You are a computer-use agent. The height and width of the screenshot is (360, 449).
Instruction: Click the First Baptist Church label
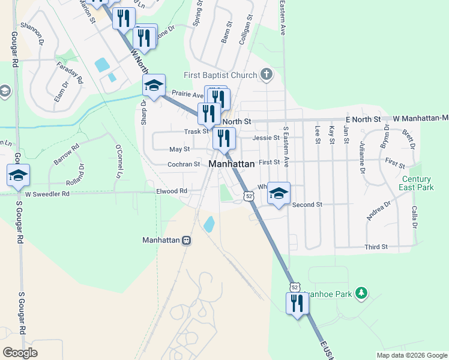click(x=220, y=76)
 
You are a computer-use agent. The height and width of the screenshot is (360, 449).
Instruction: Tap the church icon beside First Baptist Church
click(x=267, y=75)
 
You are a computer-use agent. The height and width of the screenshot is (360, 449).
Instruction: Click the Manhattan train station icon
click(x=187, y=240)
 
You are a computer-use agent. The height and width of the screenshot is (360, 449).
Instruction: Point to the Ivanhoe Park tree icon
click(x=361, y=293)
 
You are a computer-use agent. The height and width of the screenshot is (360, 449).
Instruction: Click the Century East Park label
click(x=417, y=183)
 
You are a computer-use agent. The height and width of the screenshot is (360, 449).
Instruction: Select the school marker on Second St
click(x=279, y=193)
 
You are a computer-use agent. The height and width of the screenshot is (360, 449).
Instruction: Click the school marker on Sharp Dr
click(x=154, y=86)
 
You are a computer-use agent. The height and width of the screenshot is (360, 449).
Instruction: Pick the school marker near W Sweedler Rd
click(x=19, y=175)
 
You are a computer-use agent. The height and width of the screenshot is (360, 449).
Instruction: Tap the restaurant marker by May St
click(x=224, y=139)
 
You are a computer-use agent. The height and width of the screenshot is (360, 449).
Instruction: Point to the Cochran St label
click(x=184, y=164)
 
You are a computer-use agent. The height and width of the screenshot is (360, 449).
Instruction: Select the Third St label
click(x=376, y=247)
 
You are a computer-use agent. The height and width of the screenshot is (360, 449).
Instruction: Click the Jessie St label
click(x=267, y=137)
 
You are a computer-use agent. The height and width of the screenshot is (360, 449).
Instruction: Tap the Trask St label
click(x=196, y=131)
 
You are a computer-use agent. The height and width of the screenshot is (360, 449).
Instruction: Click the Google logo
click(x=20, y=352)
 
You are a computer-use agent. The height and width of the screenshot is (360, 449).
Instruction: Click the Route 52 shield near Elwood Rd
click(x=249, y=196)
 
